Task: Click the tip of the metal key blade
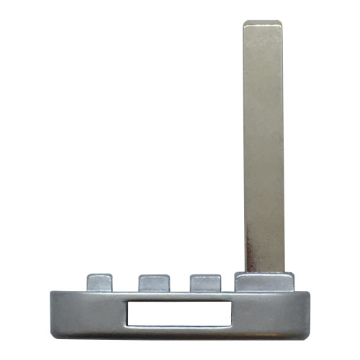point(262,24)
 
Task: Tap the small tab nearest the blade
point(204,282)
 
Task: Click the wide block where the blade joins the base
point(263,281)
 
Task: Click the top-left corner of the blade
point(245,23)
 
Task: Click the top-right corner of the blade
point(280,23)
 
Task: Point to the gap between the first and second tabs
point(126,285)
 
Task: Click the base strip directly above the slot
point(179,295)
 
